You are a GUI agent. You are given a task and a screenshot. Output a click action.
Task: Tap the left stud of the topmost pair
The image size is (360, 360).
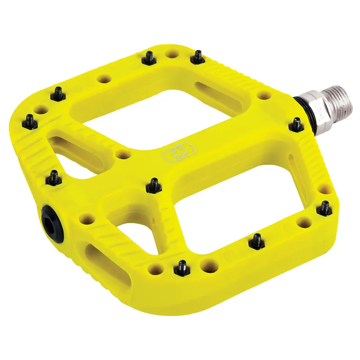click(x=148, y=57)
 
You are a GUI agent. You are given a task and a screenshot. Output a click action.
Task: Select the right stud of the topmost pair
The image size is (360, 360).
click(x=197, y=56)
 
